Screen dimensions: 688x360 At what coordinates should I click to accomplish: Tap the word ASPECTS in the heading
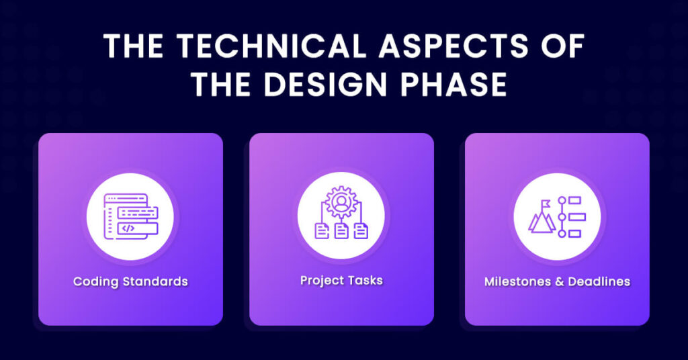[x=454, y=46]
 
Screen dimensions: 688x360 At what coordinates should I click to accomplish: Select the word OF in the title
[x=564, y=46]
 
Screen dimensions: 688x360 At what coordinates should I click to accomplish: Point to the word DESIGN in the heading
[x=325, y=84]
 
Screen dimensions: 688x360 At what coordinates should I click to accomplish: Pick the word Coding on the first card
[x=96, y=281]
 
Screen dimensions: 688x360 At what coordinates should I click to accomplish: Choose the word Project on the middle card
[x=318, y=281]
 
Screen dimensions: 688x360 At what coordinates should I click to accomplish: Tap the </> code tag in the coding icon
[x=128, y=228]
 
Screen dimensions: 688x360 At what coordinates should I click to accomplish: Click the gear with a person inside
[x=340, y=202]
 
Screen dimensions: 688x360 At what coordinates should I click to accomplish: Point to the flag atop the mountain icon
[x=546, y=204]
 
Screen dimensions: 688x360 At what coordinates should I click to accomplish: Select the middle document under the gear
[x=341, y=230]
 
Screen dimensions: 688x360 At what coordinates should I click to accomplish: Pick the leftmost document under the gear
[x=322, y=230]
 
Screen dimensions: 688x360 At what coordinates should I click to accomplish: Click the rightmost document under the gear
[x=361, y=230]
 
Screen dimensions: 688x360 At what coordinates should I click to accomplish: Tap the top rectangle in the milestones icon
[x=574, y=200]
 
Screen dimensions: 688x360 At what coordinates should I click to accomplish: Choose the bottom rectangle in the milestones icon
[x=574, y=234]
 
